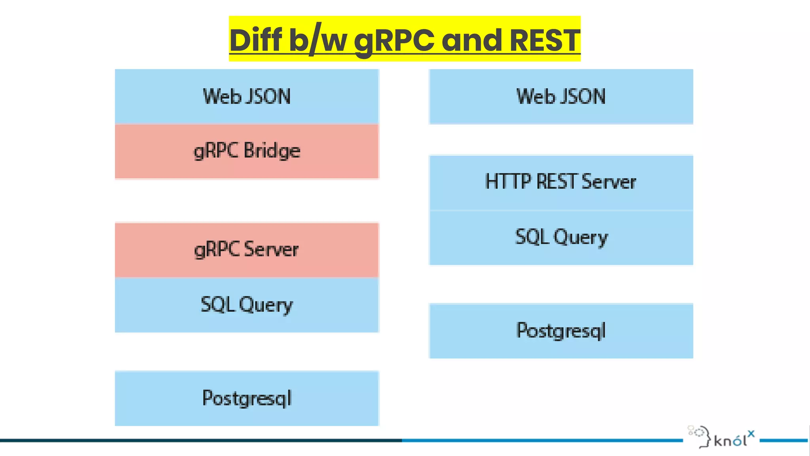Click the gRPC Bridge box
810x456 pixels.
click(x=247, y=151)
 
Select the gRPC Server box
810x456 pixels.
click(x=247, y=250)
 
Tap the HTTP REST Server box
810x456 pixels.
click(x=561, y=182)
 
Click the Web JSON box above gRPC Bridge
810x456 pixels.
click(x=247, y=97)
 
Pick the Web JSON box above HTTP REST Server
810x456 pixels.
click(x=561, y=97)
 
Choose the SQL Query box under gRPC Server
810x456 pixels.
click(x=247, y=305)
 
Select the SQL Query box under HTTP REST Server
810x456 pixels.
click(x=561, y=237)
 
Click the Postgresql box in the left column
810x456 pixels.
click(x=247, y=398)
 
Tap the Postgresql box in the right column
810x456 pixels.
click(x=561, y=331)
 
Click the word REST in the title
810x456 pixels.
click(x=545, y=40)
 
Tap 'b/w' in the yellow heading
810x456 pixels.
click(x=318, y=40)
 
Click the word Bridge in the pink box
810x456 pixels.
click(x=272, y=151)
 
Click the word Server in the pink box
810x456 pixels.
click(x=271, y=249)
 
